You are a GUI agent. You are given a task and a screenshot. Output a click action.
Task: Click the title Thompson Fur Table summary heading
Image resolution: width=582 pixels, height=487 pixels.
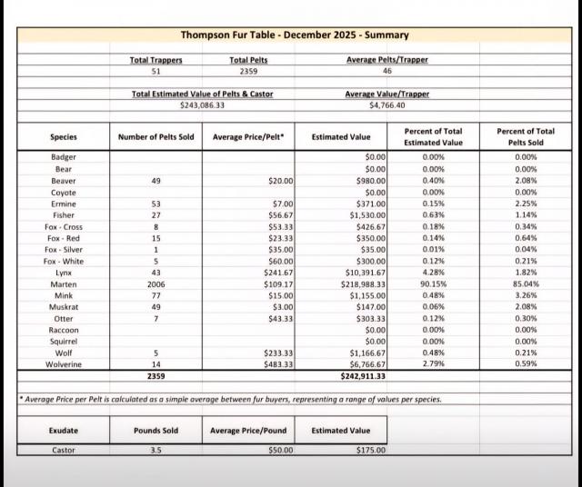[294, 35]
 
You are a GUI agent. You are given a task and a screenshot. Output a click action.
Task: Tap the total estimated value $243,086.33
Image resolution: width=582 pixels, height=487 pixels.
[202, 105]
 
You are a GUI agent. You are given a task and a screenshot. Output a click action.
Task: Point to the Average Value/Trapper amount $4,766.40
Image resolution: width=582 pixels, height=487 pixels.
[386, 105]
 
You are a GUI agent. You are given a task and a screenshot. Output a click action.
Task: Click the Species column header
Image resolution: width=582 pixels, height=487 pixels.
[63, 137]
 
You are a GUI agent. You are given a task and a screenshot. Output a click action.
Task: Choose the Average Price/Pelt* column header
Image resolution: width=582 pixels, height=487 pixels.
[248, 137]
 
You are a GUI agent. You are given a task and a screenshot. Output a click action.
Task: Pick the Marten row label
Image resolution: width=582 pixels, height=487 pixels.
[63, 283]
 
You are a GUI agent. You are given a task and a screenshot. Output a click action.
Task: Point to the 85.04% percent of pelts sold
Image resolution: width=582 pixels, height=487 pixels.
[526, 283]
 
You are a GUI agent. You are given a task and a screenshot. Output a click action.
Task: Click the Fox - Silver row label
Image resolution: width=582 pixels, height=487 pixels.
[63, 249]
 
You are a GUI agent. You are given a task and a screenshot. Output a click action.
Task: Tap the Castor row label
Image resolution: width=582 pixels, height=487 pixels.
[63, 450]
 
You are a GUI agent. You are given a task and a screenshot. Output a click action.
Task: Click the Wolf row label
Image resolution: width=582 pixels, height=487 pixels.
[63, 353]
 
